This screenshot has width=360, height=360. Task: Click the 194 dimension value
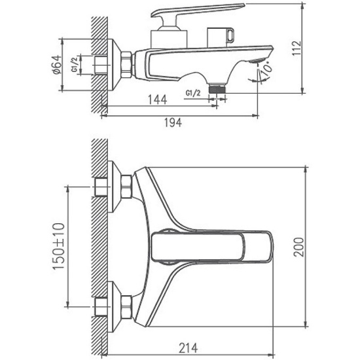pyautogui.click(x=171, y=122)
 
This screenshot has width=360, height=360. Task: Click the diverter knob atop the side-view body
pyautogui.click(x=221, y=37)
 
